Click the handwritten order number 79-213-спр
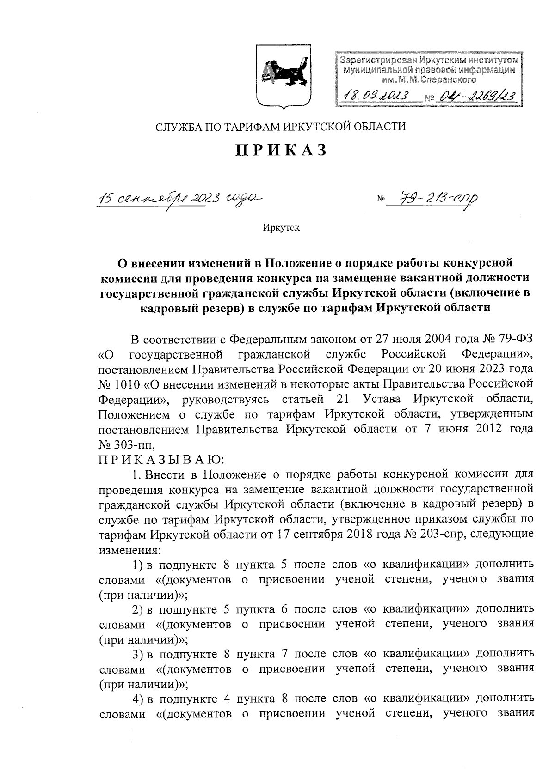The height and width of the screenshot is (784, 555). (432, 199)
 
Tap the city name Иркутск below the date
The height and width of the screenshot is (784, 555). (281, 228)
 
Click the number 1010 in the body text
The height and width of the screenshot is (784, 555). (129, 384)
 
